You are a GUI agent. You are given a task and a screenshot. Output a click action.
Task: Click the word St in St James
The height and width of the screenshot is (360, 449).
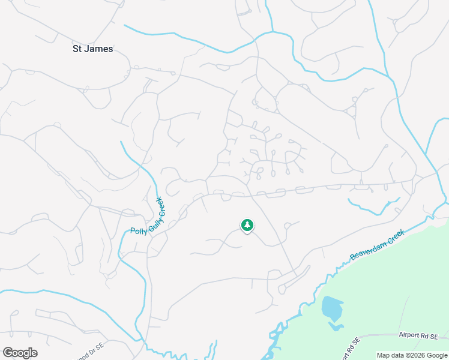(78, 49)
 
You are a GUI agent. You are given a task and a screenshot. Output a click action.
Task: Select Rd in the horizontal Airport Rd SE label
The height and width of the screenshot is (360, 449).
(430, 336)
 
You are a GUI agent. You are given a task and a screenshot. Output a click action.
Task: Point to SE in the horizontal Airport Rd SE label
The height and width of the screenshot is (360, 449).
(442, 336)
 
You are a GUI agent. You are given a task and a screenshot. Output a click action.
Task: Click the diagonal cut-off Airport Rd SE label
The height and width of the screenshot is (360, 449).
(351, 348)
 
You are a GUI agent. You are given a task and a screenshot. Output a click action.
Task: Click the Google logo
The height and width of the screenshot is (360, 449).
(20, 353)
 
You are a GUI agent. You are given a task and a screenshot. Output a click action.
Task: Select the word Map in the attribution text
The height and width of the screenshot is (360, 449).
(383, 355)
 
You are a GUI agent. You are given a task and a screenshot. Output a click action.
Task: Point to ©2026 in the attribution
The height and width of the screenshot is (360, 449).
(414, 355)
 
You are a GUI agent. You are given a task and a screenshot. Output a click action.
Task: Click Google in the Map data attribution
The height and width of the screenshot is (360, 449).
(436, 355)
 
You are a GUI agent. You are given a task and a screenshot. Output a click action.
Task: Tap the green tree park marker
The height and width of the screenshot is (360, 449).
(247, 225)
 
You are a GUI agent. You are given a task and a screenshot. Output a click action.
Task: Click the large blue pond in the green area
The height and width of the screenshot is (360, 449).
(331, 308)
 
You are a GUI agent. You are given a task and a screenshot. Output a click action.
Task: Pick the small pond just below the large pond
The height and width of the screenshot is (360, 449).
(336, 326)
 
